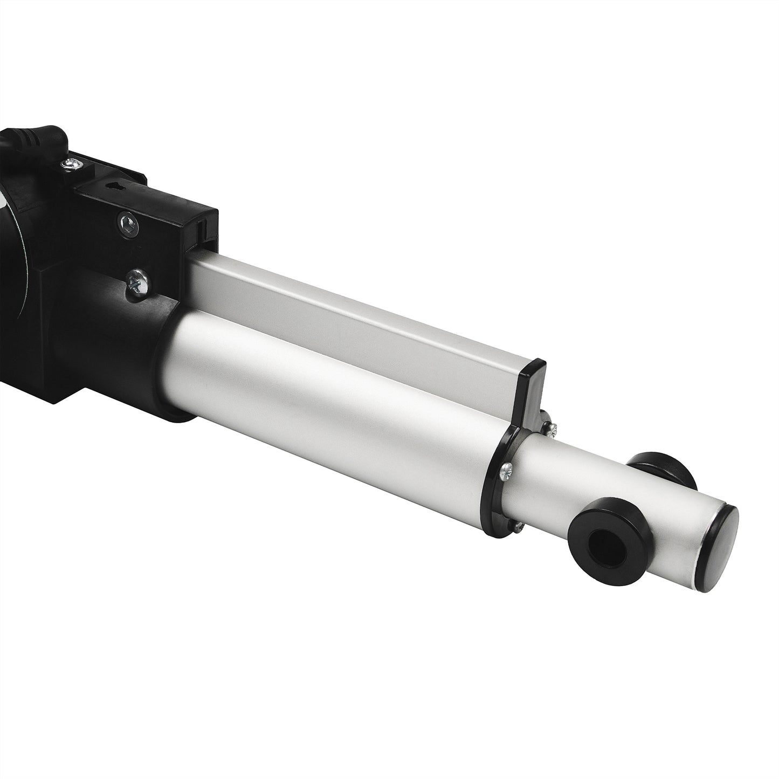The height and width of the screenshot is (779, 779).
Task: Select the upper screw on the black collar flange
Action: coord(551,428)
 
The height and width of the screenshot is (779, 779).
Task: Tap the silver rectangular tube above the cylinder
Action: coord(350,302)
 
